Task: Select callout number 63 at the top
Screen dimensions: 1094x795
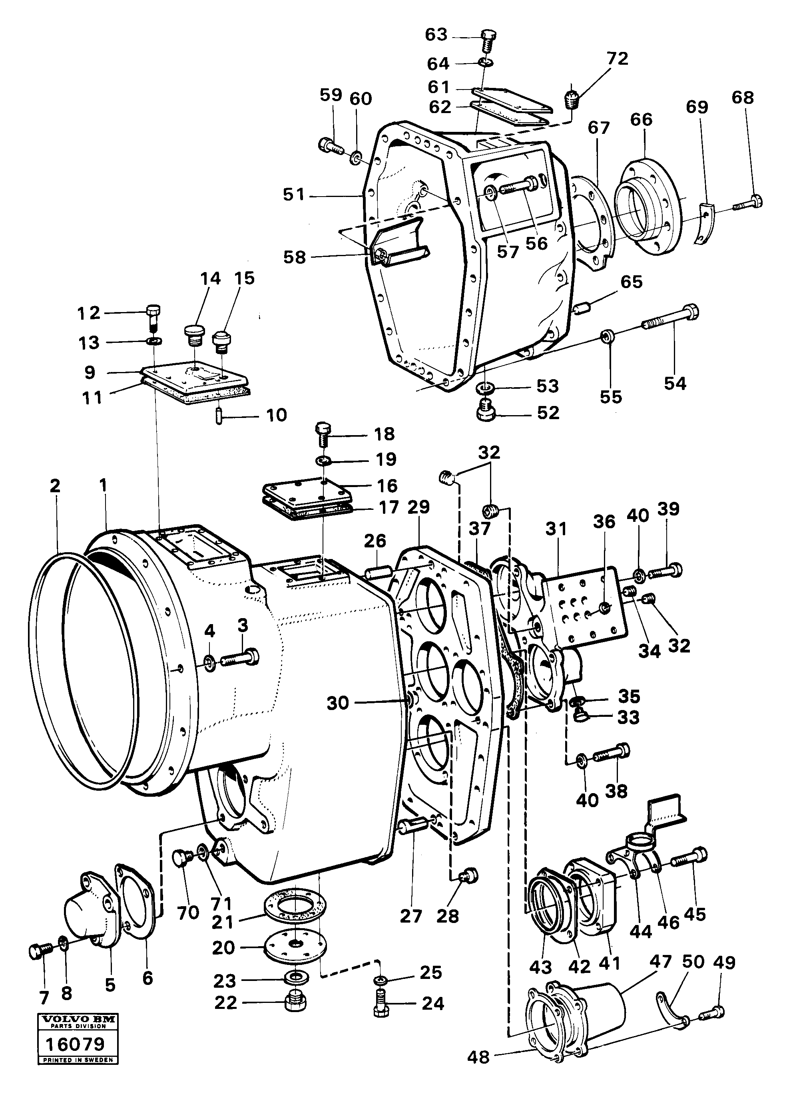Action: pyautogui.click(x=436, y=35)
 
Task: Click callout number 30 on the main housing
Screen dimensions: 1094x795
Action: pyautogui.click(x=338, y=703)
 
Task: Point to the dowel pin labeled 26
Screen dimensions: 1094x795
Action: pyautogui.click(x=379, y=575)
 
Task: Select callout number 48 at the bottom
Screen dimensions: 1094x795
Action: pyautogui.click(x=478, y=1071)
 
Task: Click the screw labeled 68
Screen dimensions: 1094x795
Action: pyautogui.click(x=750, y=202)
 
